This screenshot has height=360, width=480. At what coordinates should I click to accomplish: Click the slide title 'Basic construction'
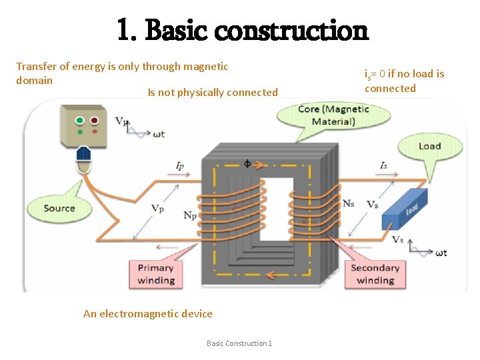pos(242,29)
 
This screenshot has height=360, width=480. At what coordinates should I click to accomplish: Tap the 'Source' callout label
pos(59,208)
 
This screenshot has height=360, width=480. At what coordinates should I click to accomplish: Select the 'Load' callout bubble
pos(429,146)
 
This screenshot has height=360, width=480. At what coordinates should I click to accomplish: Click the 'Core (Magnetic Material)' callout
pos(333,115)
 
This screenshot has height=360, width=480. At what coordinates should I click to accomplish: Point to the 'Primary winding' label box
pos(155,274)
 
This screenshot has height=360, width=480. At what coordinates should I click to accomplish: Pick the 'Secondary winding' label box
pos(375,274)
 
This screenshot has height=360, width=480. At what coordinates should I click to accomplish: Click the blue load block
pos(405,209)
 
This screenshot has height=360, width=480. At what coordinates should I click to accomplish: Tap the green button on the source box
pos(80,121)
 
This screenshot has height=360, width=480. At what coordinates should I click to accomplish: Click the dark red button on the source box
pos(95,121)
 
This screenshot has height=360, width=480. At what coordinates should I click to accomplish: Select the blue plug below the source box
pos(83,155)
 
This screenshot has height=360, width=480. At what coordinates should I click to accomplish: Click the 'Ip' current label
pos(180,165)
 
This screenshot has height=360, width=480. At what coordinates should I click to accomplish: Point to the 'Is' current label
pos(383,165)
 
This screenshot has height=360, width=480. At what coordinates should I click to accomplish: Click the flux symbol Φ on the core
pos(248,163)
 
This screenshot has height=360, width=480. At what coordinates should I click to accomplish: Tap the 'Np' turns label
pos(190,215)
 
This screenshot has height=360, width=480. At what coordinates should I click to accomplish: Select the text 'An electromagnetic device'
pos(148,314)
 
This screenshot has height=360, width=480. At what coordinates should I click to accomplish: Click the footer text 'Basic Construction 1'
pos(239,343)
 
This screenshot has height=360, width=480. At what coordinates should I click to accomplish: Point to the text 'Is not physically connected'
pos(213,93)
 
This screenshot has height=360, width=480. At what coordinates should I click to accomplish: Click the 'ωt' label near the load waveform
pos(441,253)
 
